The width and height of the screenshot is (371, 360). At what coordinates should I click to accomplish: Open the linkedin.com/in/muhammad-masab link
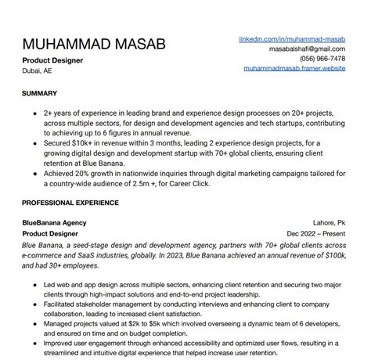click(292, 38)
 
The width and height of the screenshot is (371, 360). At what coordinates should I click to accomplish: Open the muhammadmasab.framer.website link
click(294, 69)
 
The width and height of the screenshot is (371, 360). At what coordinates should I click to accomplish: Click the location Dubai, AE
click(37, 70)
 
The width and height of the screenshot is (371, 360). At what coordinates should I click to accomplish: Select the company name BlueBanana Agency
click(54, 222)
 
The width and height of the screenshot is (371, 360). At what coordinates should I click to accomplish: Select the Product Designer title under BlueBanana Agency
click(50, 233)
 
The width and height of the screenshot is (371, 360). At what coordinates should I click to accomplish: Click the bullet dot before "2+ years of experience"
click(36, 113)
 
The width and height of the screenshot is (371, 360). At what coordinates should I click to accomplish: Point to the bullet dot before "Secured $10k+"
click(36, 143)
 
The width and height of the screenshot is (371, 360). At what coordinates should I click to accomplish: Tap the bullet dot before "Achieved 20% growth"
click(36, 175)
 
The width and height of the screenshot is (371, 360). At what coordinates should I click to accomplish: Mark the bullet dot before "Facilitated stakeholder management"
click(36, 304)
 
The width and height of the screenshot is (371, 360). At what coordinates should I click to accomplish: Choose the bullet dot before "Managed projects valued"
click(36, 324)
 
